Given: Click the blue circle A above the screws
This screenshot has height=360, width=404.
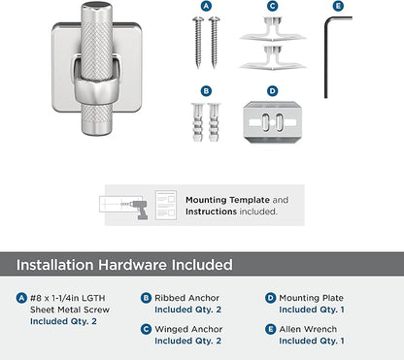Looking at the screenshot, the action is coord(206,6).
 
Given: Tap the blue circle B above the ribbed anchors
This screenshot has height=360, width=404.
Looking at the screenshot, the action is coord(206,91).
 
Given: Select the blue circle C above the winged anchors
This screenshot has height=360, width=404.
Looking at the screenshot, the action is coord(273,6).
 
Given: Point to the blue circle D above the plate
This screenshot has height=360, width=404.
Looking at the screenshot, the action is coord(273,91).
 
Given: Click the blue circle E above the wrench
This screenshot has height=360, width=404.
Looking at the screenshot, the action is coord(338,6).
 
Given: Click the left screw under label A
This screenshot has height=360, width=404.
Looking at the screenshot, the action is coord(198,43).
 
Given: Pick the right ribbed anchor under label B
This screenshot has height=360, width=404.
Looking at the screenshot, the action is coord(214,122).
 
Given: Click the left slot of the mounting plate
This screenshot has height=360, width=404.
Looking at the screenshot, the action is coord(265,122).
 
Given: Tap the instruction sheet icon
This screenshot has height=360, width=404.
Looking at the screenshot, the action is coord(166,206).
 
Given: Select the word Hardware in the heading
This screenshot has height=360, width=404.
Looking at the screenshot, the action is coord(133,265).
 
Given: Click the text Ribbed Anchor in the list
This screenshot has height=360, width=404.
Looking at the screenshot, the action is coord(186,298).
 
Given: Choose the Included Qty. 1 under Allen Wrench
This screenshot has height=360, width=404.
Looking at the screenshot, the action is coord(312,341).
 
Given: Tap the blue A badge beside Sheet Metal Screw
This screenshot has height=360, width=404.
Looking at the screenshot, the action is coord(21,298).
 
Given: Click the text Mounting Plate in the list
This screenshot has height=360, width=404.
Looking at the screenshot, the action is coord(311,298).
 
